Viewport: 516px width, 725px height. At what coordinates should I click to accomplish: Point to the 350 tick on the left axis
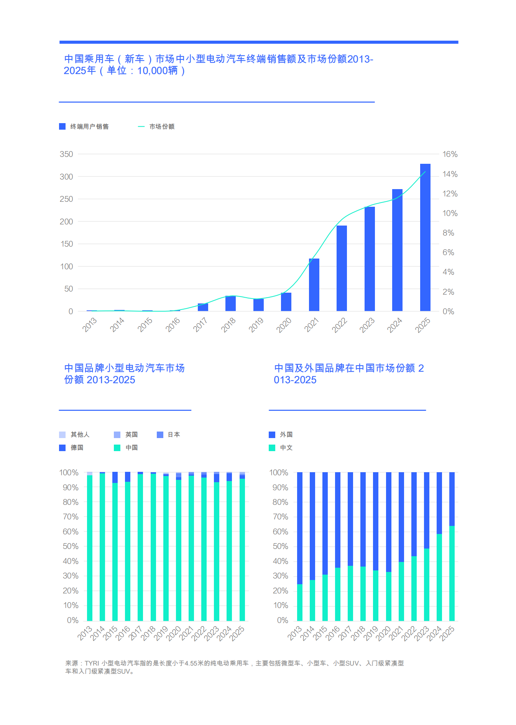tap(66, 154)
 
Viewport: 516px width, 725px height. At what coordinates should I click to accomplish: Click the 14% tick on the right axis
tap(450, 174)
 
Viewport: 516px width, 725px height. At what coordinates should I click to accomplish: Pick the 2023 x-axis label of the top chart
tap(367, 325)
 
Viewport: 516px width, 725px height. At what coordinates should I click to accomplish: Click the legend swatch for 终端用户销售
tap(62, 127)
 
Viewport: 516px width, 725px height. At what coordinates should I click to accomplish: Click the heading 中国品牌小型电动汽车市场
tap(124, 368)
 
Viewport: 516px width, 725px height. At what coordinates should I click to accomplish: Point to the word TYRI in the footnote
tap(92, 663)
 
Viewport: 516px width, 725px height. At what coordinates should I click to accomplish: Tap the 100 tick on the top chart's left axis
tap(66, 267)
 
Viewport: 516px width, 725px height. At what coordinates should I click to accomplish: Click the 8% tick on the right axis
tap(448, 233)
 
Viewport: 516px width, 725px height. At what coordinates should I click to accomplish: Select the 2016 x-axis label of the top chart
tap(173, 325)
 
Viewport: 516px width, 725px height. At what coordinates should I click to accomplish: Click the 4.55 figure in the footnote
tap(191, 663)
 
